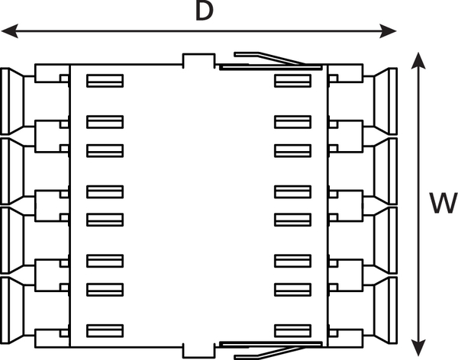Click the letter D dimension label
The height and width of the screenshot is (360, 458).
[x=203, y=11]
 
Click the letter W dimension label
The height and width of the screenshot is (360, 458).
[x=438, y=203]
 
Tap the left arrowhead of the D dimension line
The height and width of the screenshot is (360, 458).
[x=7, y=31]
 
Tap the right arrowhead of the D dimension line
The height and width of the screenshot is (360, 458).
[x=393, y=31]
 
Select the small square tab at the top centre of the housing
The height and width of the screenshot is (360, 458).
[x=197, y=60]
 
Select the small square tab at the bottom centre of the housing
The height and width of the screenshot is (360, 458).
[x=197, y=349]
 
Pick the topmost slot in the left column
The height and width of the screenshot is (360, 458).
[x=105, y=79]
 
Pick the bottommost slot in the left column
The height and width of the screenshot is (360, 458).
[x=105, y=329]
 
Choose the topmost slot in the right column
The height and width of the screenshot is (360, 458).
[x=292, y=79]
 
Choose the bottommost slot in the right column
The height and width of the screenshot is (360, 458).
[x=292, y=329]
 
